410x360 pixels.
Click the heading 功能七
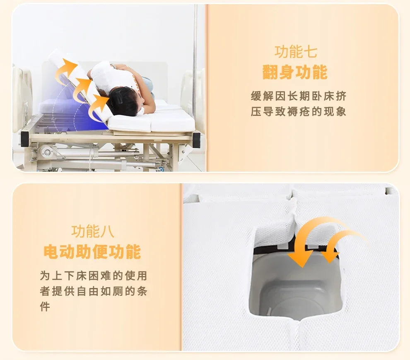[296, 52]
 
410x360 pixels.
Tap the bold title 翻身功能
[295, 72]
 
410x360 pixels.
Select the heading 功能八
[93, 231]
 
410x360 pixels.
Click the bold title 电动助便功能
[92, 252]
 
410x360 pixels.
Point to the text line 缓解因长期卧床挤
[299, 96]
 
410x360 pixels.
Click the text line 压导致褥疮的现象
[299, 112]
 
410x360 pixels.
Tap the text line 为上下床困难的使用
[94, 276]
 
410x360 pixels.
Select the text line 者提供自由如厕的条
[94, 291]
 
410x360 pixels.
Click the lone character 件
[45, 307]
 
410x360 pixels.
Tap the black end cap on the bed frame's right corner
[196, 139]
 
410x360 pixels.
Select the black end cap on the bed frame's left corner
[25, 138]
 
